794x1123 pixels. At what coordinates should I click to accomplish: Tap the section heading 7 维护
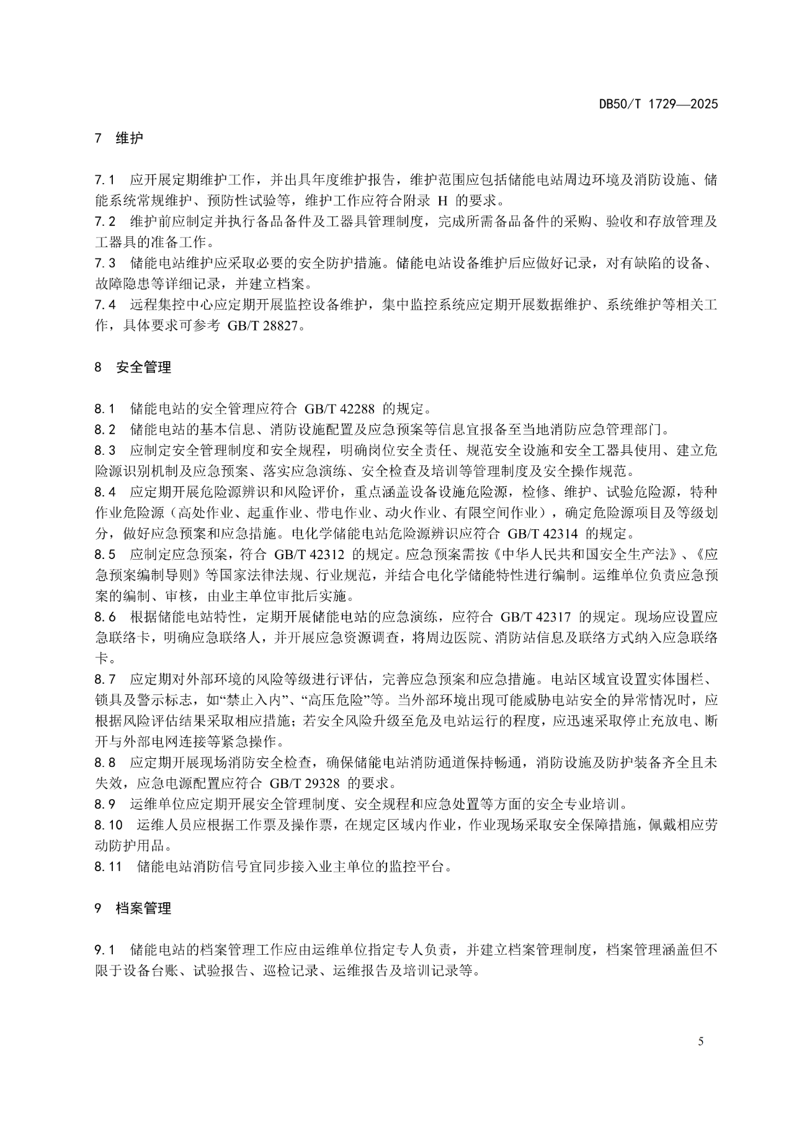pos(119,138)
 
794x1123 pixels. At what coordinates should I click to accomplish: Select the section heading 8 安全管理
pos(133,367)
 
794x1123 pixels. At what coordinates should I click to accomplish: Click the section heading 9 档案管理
pos(133,909)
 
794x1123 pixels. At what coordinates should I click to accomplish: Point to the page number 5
pos(701,1042)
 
